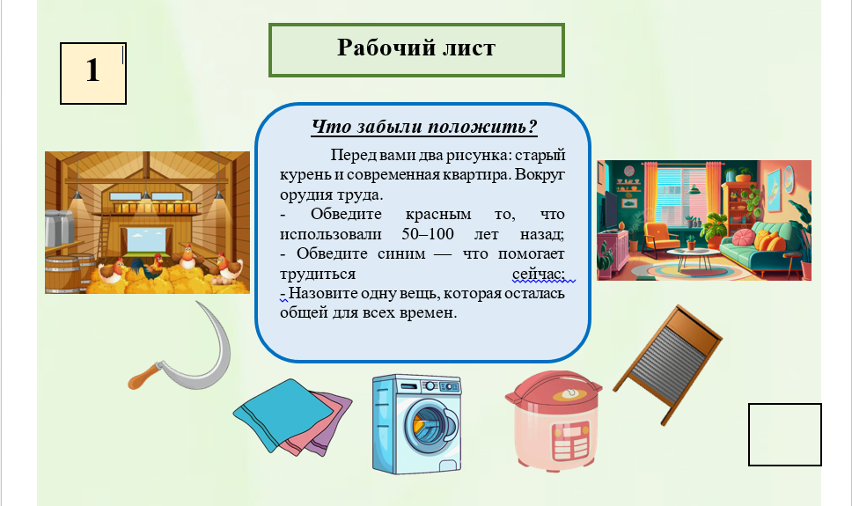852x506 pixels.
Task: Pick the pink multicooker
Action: pos(553,420)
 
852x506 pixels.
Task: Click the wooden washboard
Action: pos(668,364)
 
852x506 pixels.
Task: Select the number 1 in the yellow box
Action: pos(93,70)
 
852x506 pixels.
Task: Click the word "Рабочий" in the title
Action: pos(377,48)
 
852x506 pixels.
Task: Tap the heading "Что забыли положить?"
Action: pos(424,127)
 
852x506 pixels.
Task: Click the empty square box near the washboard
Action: pos(784,434)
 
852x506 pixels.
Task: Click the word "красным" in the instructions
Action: pos(438,215)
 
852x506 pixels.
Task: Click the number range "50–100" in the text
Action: pos(428,234)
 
